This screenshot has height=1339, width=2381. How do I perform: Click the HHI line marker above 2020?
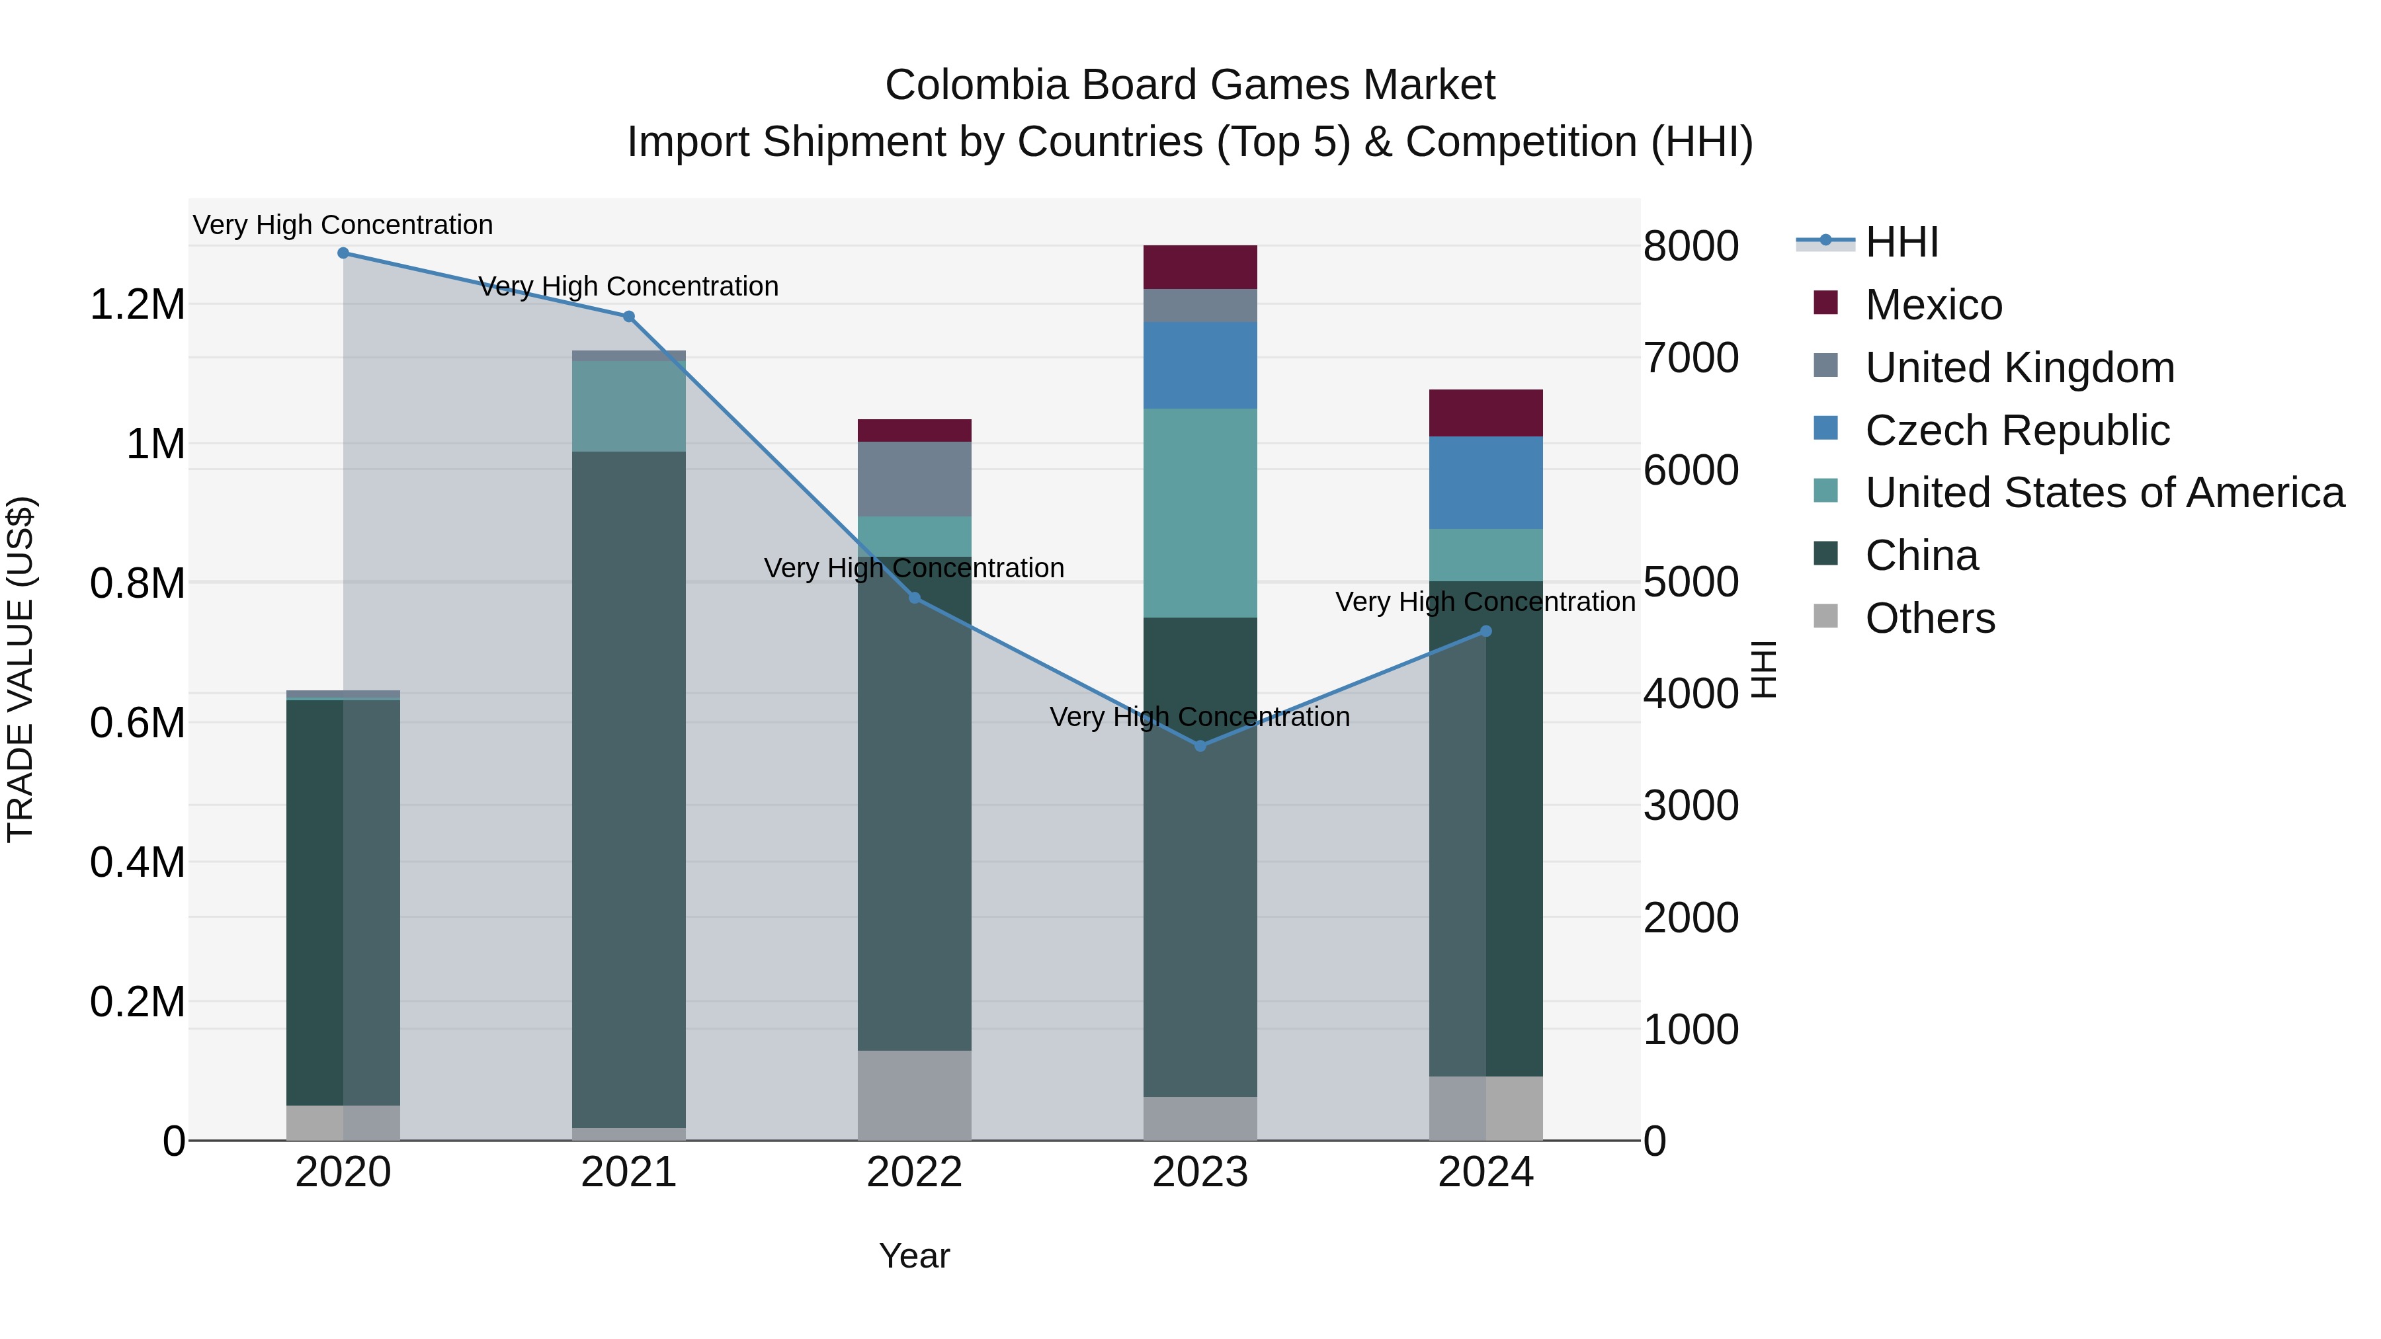click(343, 253)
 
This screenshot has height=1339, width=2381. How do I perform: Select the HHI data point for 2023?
click(1200, 746)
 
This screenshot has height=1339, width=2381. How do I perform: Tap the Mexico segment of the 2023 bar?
click(1200, 267)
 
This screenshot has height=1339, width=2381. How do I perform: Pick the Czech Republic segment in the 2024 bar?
click(1485, 483)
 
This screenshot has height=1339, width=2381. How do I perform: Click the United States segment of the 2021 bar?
click(628, 406)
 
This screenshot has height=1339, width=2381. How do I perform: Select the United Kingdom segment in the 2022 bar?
click(914, 479)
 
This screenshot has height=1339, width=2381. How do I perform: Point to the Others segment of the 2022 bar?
click(914, 1095)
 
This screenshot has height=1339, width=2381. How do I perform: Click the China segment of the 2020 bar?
click(314, 902)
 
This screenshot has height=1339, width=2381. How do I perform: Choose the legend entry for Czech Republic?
click(2017, 430)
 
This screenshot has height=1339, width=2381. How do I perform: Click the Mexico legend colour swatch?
click(1825, 302)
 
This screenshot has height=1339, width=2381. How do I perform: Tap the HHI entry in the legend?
click(1901, 242)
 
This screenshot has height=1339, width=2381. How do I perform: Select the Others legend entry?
click(1930, 618)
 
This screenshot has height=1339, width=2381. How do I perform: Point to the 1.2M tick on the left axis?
click(137, 305)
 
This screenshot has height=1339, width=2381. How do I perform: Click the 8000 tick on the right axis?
click(1691, 247)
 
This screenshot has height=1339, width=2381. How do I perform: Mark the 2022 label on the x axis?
click(914, 1172)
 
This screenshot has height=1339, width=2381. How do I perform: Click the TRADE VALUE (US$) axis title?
click(21, 669)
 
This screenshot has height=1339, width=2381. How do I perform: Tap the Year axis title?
click(914, 1256)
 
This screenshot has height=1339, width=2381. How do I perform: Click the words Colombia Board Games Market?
click(1190, 85)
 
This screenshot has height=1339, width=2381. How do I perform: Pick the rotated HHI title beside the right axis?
click(1763, 669)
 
